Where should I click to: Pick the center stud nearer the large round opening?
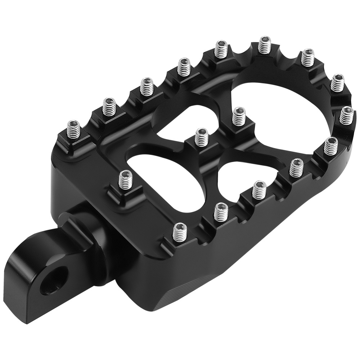(x=238, y=116)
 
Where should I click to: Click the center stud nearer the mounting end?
(x=201, y=137)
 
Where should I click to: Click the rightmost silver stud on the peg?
(x=346, y=115)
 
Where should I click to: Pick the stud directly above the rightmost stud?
(x=337, y=82)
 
